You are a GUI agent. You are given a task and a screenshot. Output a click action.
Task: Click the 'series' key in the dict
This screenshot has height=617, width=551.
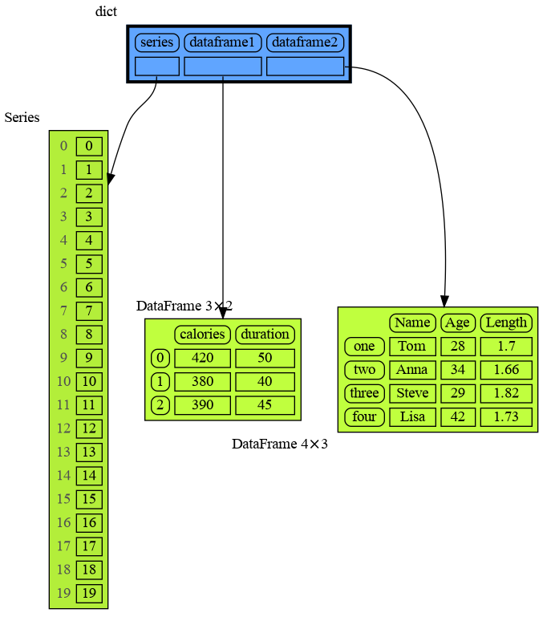(157, 42)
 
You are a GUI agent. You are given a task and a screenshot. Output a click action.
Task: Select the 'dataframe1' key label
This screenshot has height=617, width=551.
(223, 42)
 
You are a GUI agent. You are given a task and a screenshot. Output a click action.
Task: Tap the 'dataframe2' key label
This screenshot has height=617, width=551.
(305, 42)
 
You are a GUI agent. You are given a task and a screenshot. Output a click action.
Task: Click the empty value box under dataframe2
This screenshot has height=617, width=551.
(305, 66)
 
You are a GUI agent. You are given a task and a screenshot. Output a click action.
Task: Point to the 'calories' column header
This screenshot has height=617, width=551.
(202, 335)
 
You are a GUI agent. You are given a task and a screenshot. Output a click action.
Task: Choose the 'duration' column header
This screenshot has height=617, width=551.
(265, 335)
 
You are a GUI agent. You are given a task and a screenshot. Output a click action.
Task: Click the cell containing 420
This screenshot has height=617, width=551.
(202, 358)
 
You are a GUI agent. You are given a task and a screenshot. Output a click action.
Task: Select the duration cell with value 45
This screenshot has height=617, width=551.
(265, 404)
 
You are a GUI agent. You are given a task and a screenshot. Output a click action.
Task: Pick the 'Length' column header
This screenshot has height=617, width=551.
(506, 323)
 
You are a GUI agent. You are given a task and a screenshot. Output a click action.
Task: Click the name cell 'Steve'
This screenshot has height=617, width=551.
(412, 393)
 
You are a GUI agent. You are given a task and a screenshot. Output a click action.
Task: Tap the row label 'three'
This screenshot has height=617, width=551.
(364, 393)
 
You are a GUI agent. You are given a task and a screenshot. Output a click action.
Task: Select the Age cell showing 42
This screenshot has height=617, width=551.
(458, 416)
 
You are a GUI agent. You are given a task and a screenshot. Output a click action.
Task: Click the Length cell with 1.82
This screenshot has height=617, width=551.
(506, 393)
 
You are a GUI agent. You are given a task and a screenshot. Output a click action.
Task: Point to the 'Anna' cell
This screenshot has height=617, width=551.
(412, 370)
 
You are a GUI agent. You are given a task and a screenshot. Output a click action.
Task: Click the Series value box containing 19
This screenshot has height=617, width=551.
(89, 594)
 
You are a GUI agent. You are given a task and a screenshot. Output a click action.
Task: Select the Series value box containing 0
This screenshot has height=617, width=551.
(89, 146)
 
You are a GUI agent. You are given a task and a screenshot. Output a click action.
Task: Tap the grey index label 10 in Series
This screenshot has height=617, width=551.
(63, 381)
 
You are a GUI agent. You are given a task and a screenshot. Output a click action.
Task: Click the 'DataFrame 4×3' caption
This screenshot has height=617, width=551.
(280, 444)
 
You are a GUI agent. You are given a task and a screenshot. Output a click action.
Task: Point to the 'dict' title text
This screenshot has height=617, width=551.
(106, 11)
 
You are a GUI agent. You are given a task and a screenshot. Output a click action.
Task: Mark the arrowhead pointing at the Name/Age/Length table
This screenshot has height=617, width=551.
(444, 298)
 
